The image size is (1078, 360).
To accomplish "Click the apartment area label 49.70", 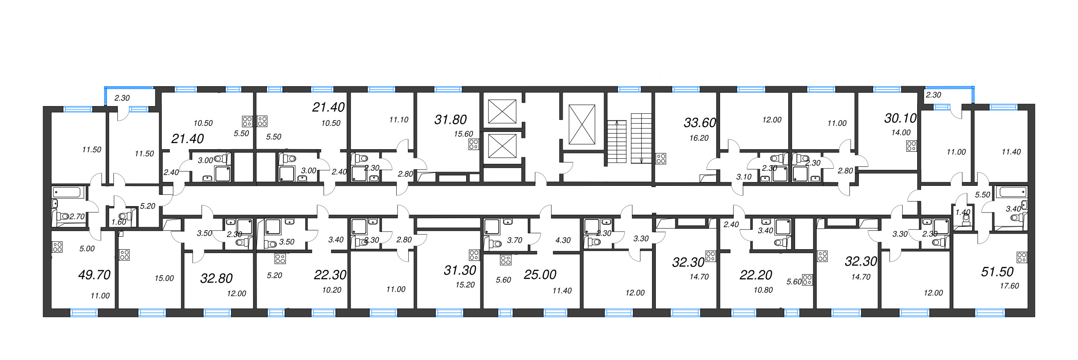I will [94, 275].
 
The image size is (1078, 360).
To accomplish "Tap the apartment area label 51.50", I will [997, 272].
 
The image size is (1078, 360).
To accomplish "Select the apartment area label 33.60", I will [699, 123].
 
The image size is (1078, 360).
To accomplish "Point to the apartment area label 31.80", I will [450, 119].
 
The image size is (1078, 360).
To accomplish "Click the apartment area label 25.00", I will [540, 274].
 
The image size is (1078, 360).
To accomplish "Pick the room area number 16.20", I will [699, 138].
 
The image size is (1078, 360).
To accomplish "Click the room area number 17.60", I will [1009, 286].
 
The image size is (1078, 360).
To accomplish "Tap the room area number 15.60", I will [463, 134].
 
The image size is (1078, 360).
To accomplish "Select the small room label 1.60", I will [119, 222].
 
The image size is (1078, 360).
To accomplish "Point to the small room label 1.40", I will [959, 212].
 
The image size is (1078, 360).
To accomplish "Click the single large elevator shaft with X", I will [582, 124].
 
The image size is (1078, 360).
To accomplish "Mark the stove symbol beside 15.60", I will [473, 144].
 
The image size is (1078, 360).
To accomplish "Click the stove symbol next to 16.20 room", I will [661, 159].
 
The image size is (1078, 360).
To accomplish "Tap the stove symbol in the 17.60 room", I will [1022, 257].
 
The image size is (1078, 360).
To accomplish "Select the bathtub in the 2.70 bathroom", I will [66, 192].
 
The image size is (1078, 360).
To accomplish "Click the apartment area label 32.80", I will [216, 278].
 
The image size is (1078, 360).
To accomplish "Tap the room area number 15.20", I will [465, 285].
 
